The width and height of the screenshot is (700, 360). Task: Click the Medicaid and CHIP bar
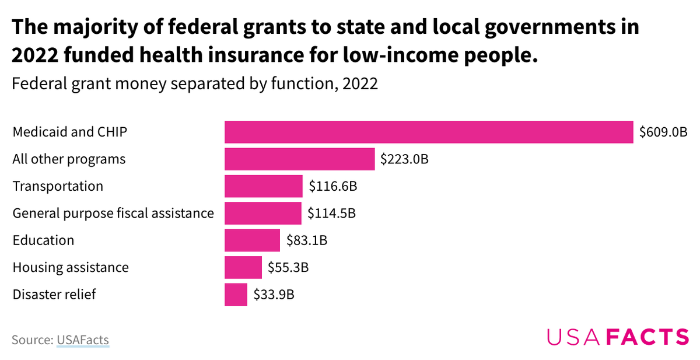point(429,132)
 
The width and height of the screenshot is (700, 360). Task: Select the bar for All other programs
point(299,159)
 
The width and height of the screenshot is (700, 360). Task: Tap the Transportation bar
point(264,186)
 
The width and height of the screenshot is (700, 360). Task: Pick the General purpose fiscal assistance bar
point(263,213)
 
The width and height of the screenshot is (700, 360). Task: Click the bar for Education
point(252,240)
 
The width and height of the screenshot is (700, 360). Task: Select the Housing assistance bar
point(243,267)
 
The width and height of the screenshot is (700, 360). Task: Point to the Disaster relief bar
point(236,294)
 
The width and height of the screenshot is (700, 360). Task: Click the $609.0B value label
point(663,132)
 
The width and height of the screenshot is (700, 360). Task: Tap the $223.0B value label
point(404,159)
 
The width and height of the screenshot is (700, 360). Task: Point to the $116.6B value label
point(332,186)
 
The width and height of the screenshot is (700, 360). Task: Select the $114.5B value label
point(331,213)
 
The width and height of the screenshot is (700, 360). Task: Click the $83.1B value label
point(307,240)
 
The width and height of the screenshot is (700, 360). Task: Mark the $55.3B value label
point(288,267)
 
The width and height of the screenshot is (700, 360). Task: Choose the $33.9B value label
point(274,294)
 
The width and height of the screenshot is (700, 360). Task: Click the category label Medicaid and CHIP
point(70,132)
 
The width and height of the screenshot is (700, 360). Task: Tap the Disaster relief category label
point(54,294)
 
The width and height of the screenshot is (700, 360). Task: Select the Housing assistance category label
point(71,267)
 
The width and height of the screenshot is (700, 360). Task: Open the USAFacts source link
point(83,340)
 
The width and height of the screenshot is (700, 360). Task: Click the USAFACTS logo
point(618,337)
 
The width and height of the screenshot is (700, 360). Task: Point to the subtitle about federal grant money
point(195,84)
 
